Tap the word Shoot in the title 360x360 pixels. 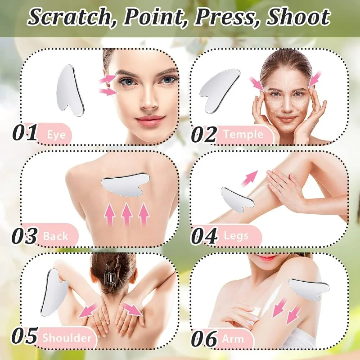[x=298, y=18]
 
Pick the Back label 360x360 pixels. [x=55, y=236]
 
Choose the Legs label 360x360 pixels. [x=234, y=236]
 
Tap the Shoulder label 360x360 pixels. [x=67, y=338]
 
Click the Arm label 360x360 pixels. [x=233, y=338]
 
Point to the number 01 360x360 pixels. [x=25, y=134]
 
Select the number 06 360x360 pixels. [x=204, y=339]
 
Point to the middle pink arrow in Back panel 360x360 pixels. [x=127, y=213]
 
